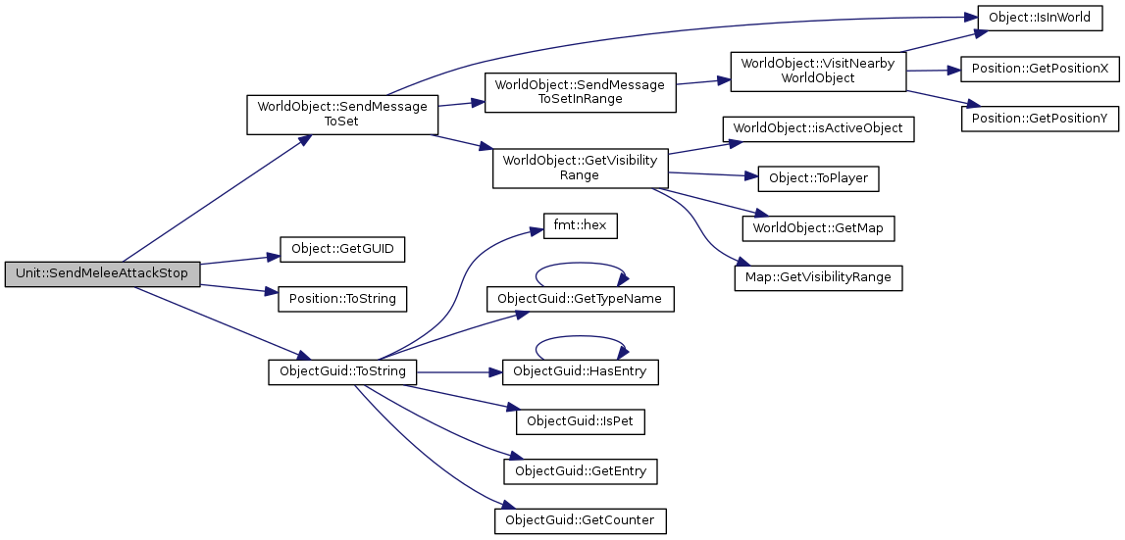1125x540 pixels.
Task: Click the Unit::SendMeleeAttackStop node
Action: pyautogui.click(x=102, y=273)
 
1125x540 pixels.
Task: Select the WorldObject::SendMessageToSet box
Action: pyautogui.click(x=341, y=114)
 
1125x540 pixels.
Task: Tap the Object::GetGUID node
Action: pyautogui.click(x=342, y=249)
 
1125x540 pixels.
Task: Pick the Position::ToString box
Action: pyautogui.click(x=342, y=299)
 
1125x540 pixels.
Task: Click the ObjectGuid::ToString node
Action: pyautogui.click(x=342, y=372)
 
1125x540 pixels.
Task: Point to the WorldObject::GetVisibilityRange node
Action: pyautogui.click(x=580, y=168)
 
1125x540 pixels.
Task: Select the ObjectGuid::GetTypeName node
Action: pyautogui.click(x=580, y=298)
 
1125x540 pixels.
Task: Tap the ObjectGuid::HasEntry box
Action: pyautogui.click(x=580, y=372)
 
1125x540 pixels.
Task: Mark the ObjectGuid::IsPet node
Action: pyautogui.click(x=580, y=421)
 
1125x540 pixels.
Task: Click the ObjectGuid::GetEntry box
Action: pyautogui.click(x=580, y=471)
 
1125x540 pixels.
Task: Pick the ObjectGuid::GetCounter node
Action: pyautogui.click(x=580, y=520)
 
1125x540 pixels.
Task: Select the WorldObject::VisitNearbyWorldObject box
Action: pyautogui.click(x=818, y=71)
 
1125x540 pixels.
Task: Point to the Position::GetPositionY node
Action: pyautogui.click(x=1040, y=119)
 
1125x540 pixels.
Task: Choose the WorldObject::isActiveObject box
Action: pyautogui.click(x=818, y=128)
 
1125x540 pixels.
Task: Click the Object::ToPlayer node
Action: pyautogui.click(x=818, y=178)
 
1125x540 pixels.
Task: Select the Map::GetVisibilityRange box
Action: pyautogui.click(x=818, y=277)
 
